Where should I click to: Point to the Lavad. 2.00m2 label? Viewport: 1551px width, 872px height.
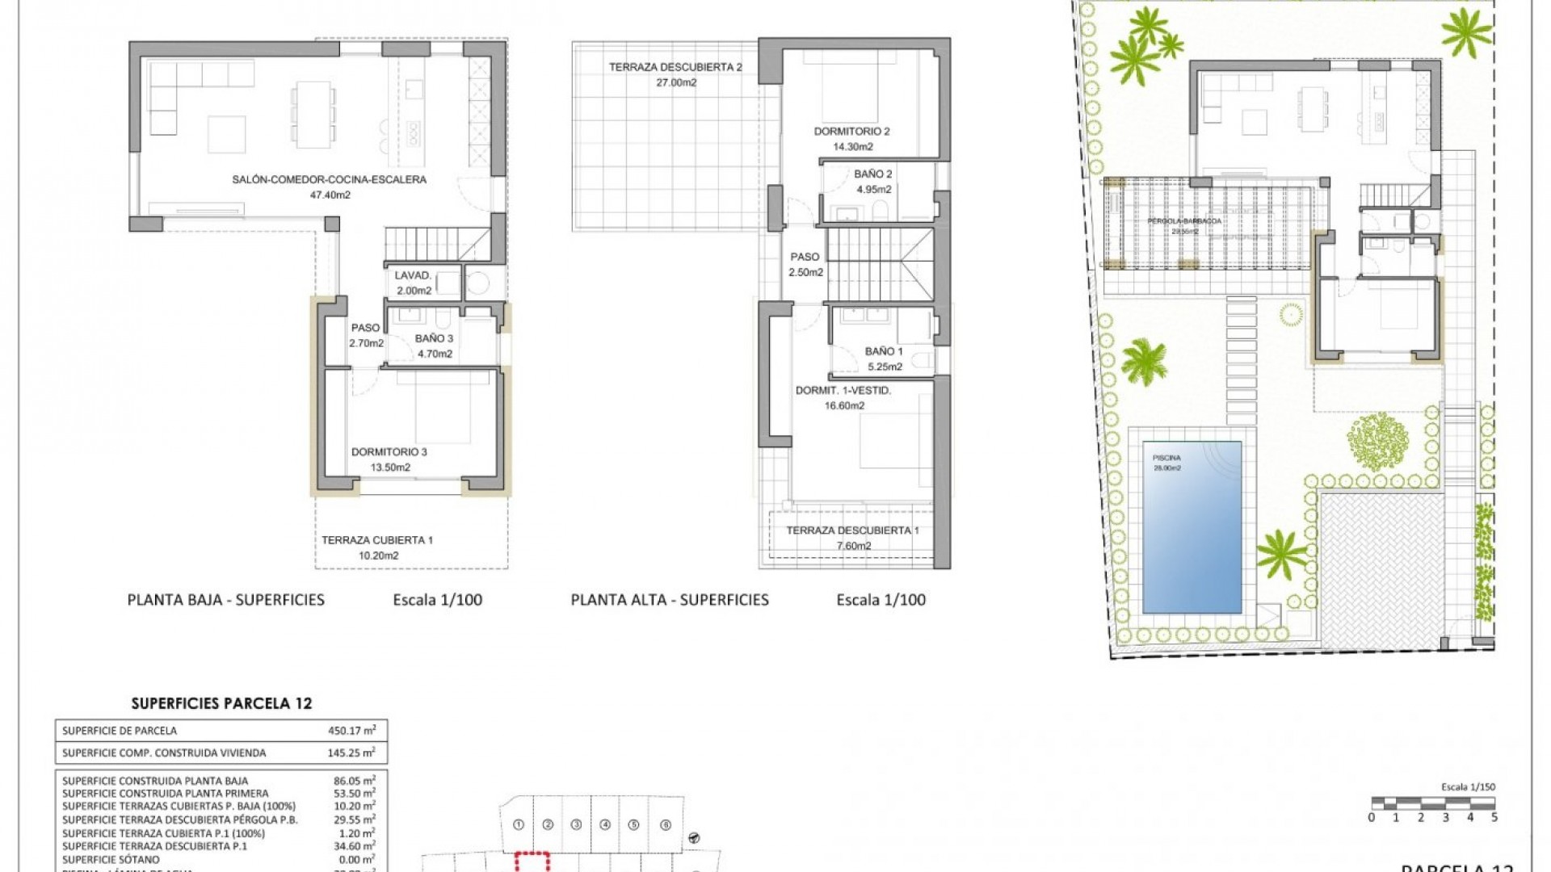[x=414, y=283]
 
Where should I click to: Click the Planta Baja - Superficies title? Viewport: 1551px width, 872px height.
[x=226, y=600]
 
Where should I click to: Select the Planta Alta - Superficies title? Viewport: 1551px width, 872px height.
[x=670, y=600]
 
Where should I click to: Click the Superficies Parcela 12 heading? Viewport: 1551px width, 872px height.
[x=221, y=703]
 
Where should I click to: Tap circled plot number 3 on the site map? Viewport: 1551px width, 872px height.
[x=576, y=825]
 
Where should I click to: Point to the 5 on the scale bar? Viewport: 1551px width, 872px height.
[x=1494, y=817]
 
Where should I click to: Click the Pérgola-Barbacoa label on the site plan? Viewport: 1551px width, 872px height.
[x=1184, y=221]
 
